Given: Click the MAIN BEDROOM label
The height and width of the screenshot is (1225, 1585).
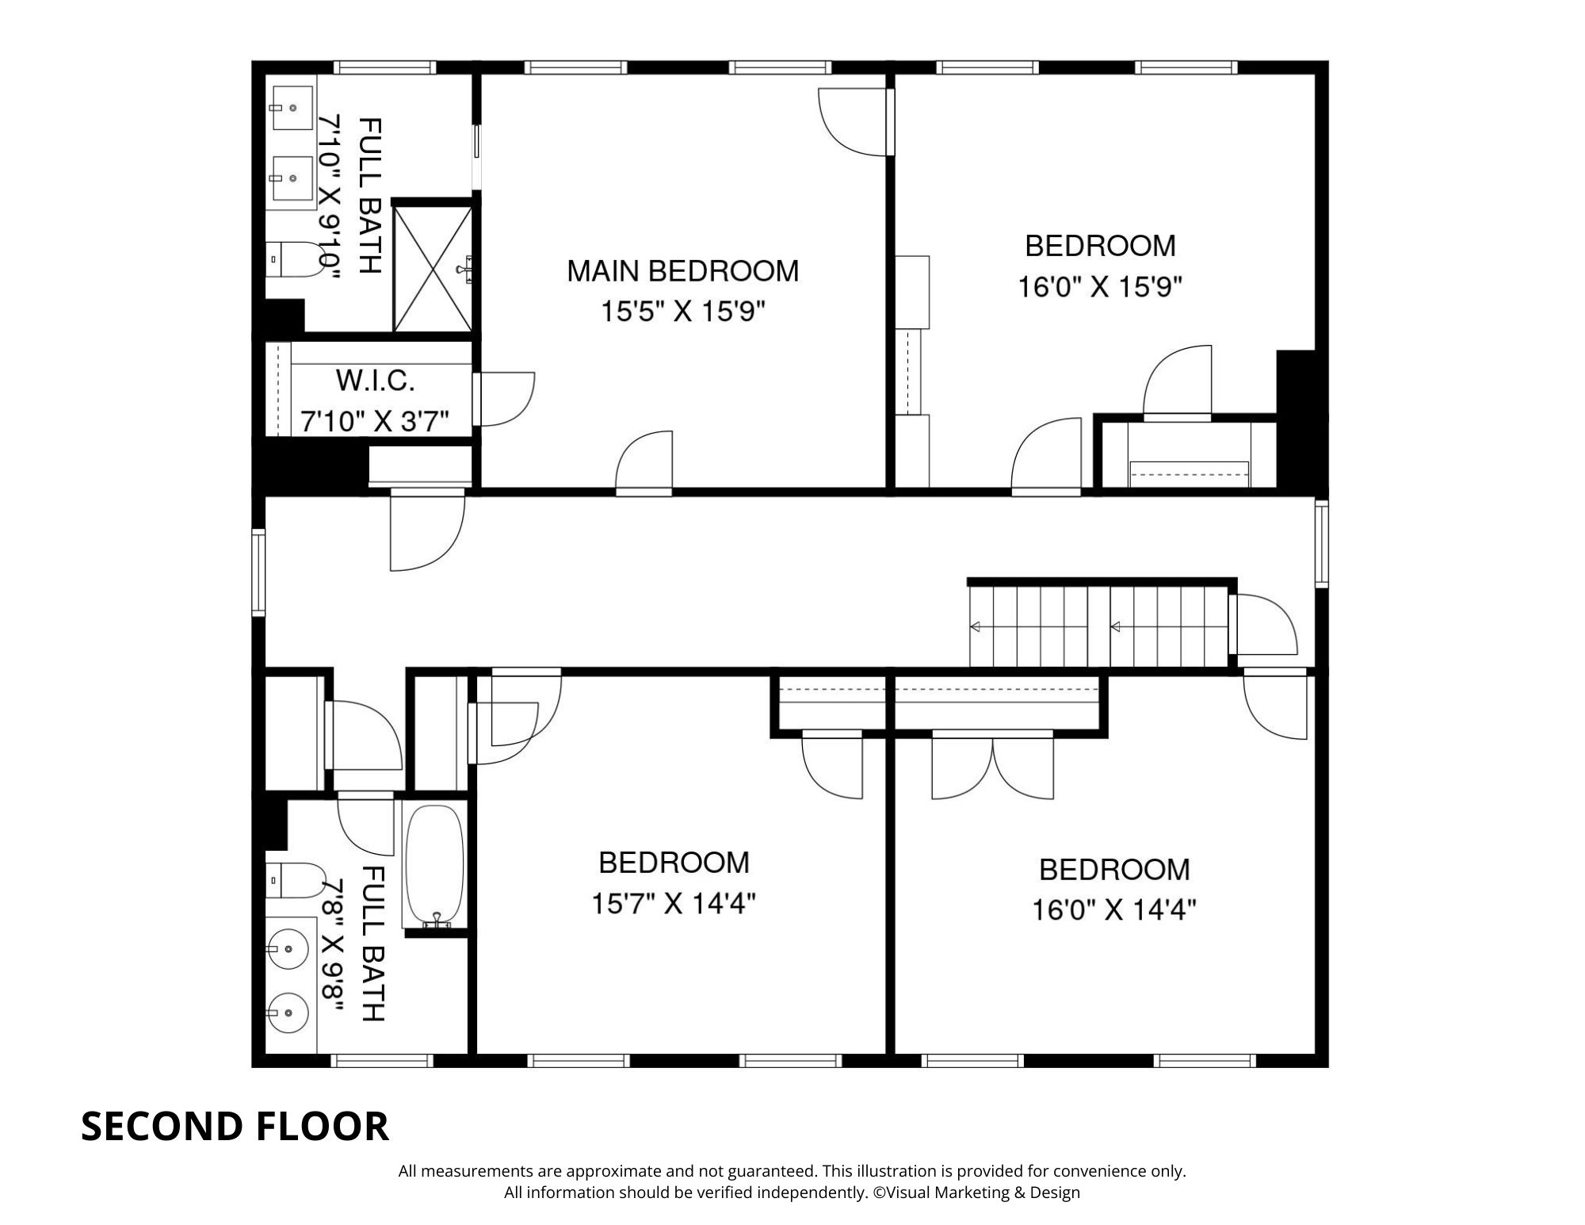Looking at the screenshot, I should click(x=682, y=271).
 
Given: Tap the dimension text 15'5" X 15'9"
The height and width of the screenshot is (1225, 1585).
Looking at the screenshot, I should click(x=682, y=312).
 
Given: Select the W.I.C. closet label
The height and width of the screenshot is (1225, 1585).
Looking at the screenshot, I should click(x=375, y=381).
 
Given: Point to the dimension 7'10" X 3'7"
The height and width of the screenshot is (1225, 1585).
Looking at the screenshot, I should click(x=375, y=420).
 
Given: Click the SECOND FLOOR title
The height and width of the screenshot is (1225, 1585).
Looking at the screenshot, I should click(x=235, y=1126).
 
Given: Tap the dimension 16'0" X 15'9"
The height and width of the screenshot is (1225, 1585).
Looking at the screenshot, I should click(x=1100, y=286).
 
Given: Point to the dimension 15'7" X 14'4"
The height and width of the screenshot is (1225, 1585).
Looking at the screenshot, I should click(x=674, y=903).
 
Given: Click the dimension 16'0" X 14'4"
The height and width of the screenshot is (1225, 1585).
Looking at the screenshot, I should click(x=1113, y=909).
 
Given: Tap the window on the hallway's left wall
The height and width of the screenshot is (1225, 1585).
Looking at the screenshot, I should click(x=258, y=572).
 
